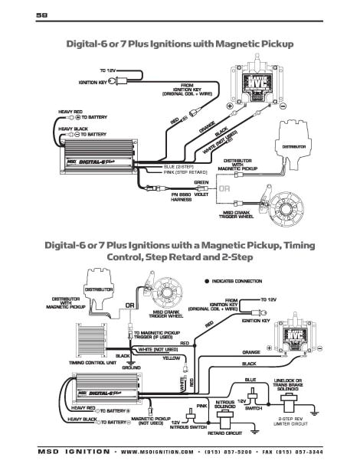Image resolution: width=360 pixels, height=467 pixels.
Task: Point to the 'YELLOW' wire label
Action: [x=172, y=357]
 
